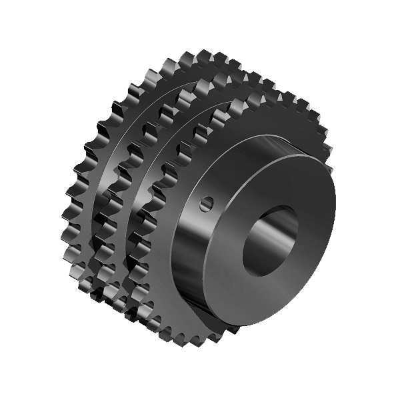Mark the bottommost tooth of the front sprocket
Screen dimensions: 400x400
[x=200, y=343]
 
